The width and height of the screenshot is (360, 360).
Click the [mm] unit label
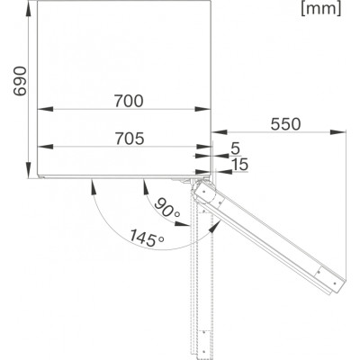[x=321, y=9]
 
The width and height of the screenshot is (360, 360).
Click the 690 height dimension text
[x=21, y=81]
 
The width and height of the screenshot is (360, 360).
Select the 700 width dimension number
[x=129, y=101]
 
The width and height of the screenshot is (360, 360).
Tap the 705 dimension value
[x=130, y=139]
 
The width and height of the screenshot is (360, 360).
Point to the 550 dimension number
[x=285, y=124]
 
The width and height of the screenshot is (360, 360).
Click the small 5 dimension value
[x=236, y=148]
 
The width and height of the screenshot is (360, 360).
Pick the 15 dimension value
[x=240, y=165]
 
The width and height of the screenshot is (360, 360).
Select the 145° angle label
[x=147, y=238]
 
